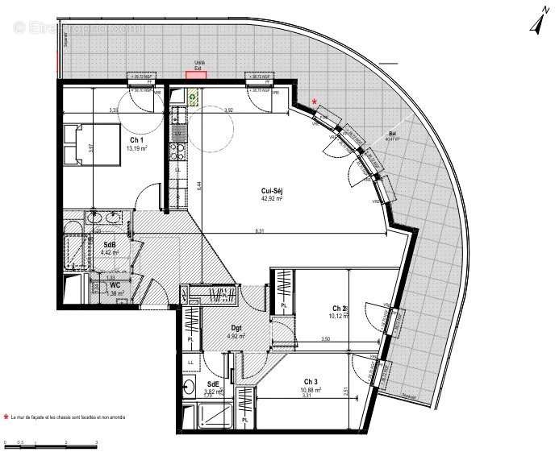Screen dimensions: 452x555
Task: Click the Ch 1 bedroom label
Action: (136, 139)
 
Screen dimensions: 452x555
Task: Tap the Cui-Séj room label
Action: (271, 190)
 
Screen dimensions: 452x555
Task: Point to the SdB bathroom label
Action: (110, 244)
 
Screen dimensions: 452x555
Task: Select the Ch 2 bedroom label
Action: (339, 309)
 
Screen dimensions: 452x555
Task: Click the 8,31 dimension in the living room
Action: (259, 232)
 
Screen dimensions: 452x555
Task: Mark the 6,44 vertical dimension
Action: (198, 185)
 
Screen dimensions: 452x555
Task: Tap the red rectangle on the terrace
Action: (195, 75)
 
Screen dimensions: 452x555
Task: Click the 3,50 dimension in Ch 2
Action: (325, 339)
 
